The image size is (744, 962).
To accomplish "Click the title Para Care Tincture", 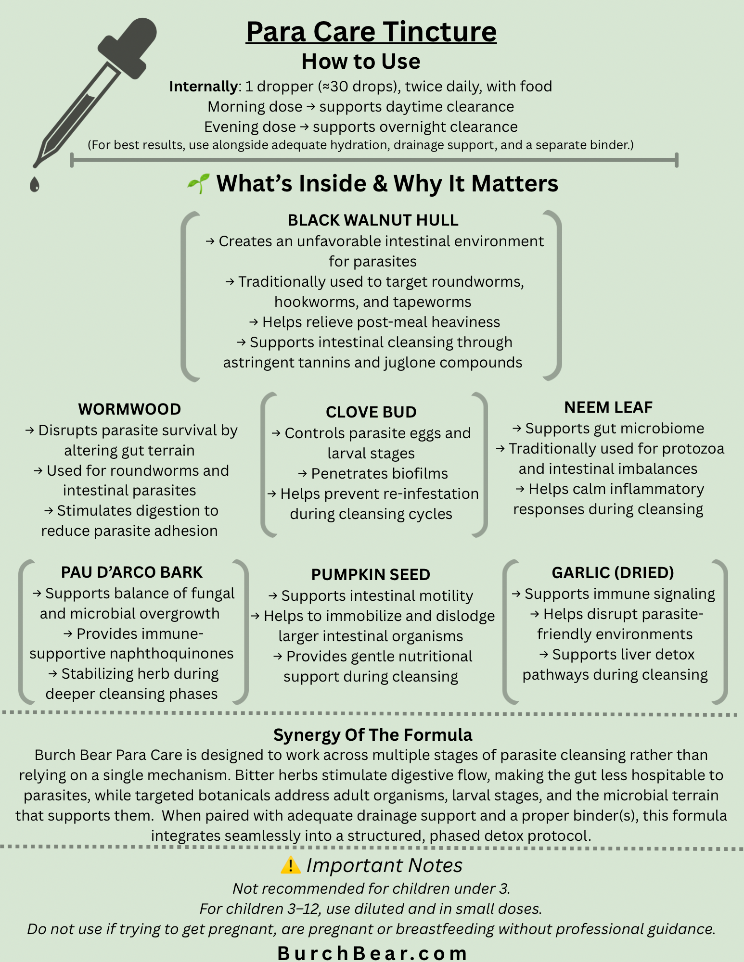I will pos(371,32).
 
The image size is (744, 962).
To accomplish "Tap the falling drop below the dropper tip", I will pos(34,184).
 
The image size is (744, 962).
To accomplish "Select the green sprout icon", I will pos(198,183).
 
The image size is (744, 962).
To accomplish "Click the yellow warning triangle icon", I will pos(291,865).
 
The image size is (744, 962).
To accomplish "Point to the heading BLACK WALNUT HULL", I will pos(372,220).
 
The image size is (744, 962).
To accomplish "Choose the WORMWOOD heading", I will pos(129,409).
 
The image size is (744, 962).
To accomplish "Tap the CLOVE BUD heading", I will pos(371,412).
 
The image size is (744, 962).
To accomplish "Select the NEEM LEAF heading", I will pos(608,407).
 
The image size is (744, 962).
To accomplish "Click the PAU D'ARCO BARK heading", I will pos(132,572).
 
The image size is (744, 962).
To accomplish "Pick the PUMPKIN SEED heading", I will pos(371,574).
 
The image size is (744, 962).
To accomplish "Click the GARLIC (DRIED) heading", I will pos(613,572).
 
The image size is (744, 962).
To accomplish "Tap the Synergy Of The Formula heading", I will pos(372,734).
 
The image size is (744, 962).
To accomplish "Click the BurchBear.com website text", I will pos(372,952).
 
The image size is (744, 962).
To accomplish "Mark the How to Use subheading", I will pos(360,62).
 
